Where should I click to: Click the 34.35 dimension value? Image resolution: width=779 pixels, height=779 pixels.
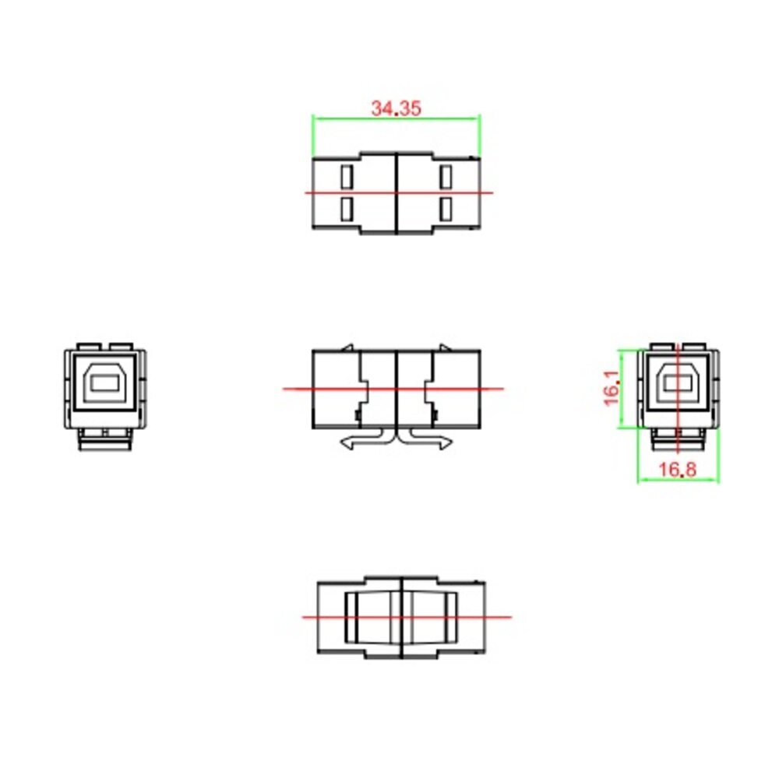(x=396, y=108)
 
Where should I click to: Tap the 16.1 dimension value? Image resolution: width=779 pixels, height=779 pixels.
(x=612, y=387)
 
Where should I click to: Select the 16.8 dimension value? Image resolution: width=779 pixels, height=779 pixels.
(x=678, y=469)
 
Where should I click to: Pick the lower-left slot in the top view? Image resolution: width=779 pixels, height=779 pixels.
(x=347, y=209)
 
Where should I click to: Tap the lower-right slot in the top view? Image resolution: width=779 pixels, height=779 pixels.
(x=446, y=209)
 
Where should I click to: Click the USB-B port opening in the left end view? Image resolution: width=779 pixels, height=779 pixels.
(x=105, y=382)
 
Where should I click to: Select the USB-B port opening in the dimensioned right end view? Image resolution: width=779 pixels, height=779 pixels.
(x=678, y=383)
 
